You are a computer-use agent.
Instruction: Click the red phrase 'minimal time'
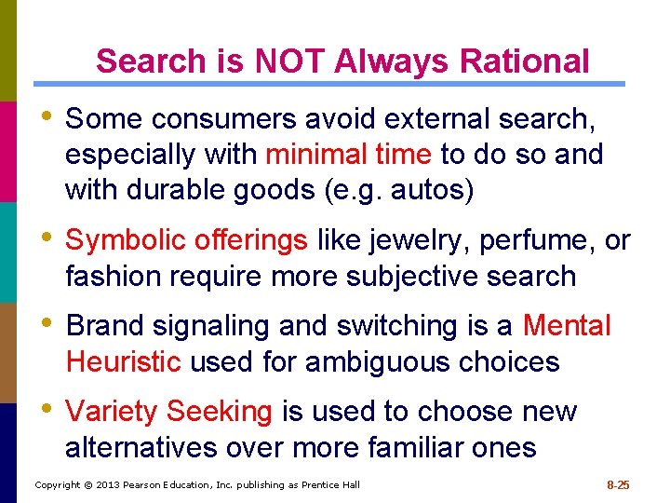(348, 154)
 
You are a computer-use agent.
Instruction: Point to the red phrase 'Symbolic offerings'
(186, 240)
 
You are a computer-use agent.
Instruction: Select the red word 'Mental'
(567, 326)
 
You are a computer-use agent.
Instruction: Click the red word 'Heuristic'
(123, 361)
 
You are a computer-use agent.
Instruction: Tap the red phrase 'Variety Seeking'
(168, 412)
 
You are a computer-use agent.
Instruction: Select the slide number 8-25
(618, 484)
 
